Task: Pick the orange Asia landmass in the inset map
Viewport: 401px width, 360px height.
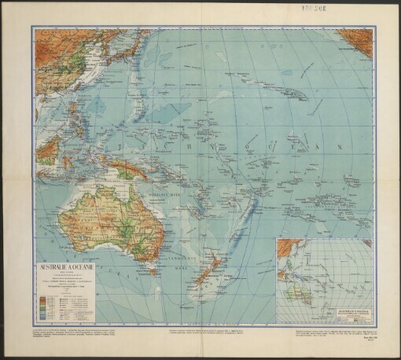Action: pos(287,249)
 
